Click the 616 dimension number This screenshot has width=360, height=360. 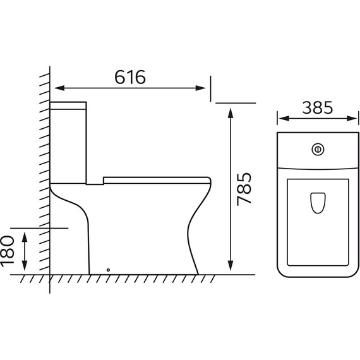(130, 77)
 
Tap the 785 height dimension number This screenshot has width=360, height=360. (244, 189)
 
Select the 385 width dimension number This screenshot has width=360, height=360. (318, 107)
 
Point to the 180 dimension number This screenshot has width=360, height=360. (8, 251)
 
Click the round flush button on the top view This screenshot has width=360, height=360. (318, 150)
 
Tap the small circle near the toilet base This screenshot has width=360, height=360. (109, 270)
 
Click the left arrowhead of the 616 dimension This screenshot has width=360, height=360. (59, 88)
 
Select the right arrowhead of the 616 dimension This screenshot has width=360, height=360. (200, 88)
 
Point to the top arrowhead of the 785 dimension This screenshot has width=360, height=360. (231, 113)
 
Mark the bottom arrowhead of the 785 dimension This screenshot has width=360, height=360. (231, 266)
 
